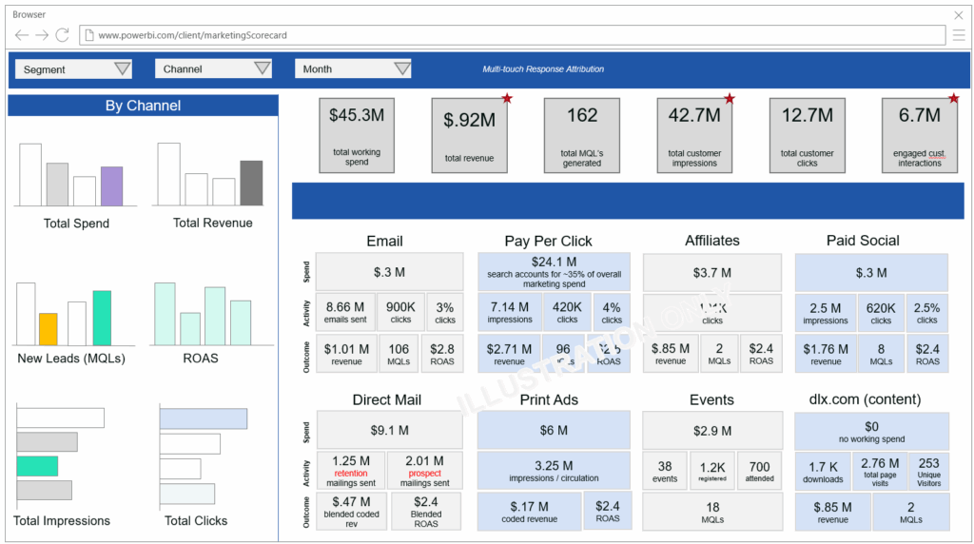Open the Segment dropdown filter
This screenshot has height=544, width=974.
tap(73, 68)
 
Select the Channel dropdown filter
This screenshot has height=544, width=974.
tap(213, 68)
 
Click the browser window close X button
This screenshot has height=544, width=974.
tap(958, 15)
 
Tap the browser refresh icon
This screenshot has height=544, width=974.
tap(63, 35)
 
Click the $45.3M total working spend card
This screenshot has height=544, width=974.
tap(357, 135)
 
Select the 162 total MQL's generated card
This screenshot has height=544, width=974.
tap(581, 135)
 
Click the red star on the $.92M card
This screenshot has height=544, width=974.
tap(507, 98)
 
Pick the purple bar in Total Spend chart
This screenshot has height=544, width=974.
tap(111, 186)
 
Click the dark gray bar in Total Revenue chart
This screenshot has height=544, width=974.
tap(251, 183)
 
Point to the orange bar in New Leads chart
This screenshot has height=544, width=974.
tap(48, 329)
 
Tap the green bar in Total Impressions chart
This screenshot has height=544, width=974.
tap(37, 466)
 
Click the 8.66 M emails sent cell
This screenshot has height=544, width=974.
tap(345, 312)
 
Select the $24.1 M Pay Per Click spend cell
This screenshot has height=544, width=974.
tap(554, 271)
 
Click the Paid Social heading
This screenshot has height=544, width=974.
tap(863, 241)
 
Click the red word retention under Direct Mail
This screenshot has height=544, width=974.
tap(351, 473)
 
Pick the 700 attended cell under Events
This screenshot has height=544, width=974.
tap(759, 471)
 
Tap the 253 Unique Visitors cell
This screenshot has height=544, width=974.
tap(928, 471)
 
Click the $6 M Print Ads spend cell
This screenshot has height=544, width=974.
tap(554, 430)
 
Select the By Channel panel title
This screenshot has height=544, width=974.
tap(143, 106)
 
